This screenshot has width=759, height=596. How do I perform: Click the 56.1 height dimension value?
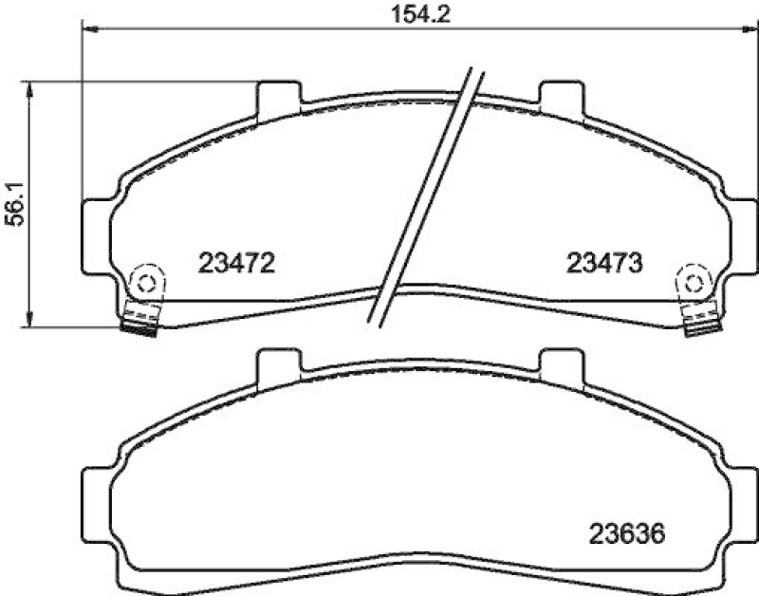13,203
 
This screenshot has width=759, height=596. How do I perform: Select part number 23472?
236,262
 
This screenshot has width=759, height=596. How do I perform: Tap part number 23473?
605,262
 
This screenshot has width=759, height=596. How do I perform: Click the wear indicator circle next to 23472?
145,282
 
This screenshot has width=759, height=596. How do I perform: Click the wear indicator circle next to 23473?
694,282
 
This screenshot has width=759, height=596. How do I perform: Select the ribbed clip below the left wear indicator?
142,320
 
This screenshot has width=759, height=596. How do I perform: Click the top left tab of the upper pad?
280,95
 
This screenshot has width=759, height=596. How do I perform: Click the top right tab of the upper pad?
561,95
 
